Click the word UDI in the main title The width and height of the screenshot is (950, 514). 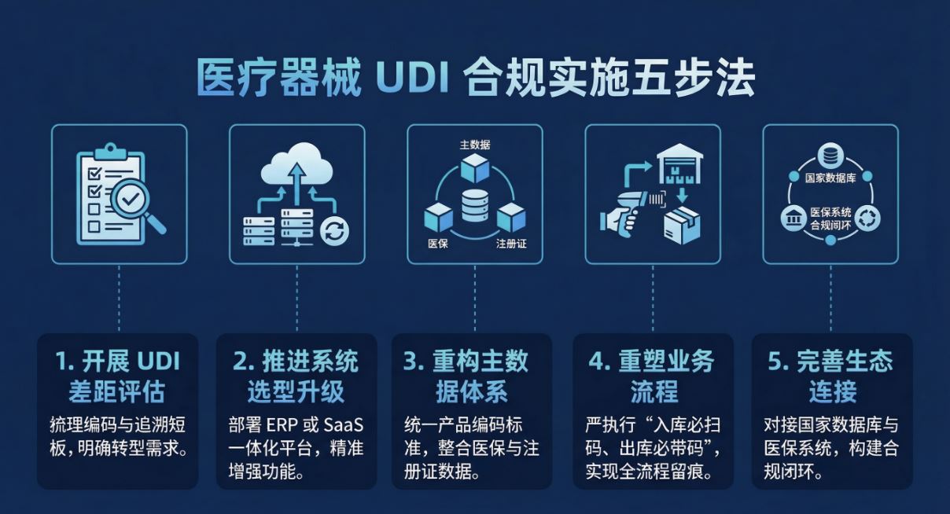tap(413, 79)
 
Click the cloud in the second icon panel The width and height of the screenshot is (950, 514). tap(297, 165)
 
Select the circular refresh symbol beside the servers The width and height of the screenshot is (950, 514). tap(334, 231)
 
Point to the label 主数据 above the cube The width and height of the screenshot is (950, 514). tap(475, 145)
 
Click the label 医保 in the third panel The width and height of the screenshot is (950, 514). tap(438, 244)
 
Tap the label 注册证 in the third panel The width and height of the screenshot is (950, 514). tap(511, 244)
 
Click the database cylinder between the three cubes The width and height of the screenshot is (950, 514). tap(475, 206)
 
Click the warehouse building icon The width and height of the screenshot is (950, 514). tap(679, 163)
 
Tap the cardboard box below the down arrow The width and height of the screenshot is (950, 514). tap(682, 225)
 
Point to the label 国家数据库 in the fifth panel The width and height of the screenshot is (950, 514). tap(830, 178)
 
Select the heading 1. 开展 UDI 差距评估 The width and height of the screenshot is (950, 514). tap(117, 376)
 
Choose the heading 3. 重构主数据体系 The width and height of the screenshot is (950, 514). tap(466, 376)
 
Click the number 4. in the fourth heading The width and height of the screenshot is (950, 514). tap(600, 362)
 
